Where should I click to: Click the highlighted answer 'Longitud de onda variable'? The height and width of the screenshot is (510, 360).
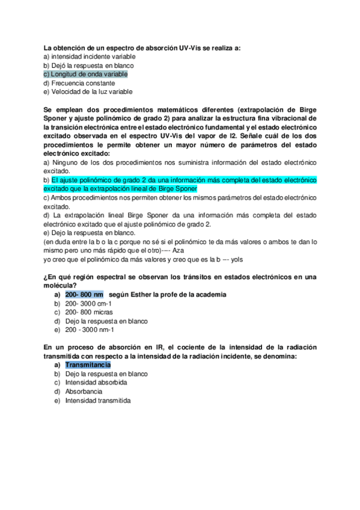[88, 74]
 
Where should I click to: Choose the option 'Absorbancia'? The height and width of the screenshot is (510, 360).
[84, 392]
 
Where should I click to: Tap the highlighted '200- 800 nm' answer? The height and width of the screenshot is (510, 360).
[84, 295]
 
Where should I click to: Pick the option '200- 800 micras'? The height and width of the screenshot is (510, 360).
[88, 312]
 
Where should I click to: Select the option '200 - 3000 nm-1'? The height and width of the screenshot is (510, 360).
[90, 330]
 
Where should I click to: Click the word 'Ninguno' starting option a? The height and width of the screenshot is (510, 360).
[66, 162]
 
